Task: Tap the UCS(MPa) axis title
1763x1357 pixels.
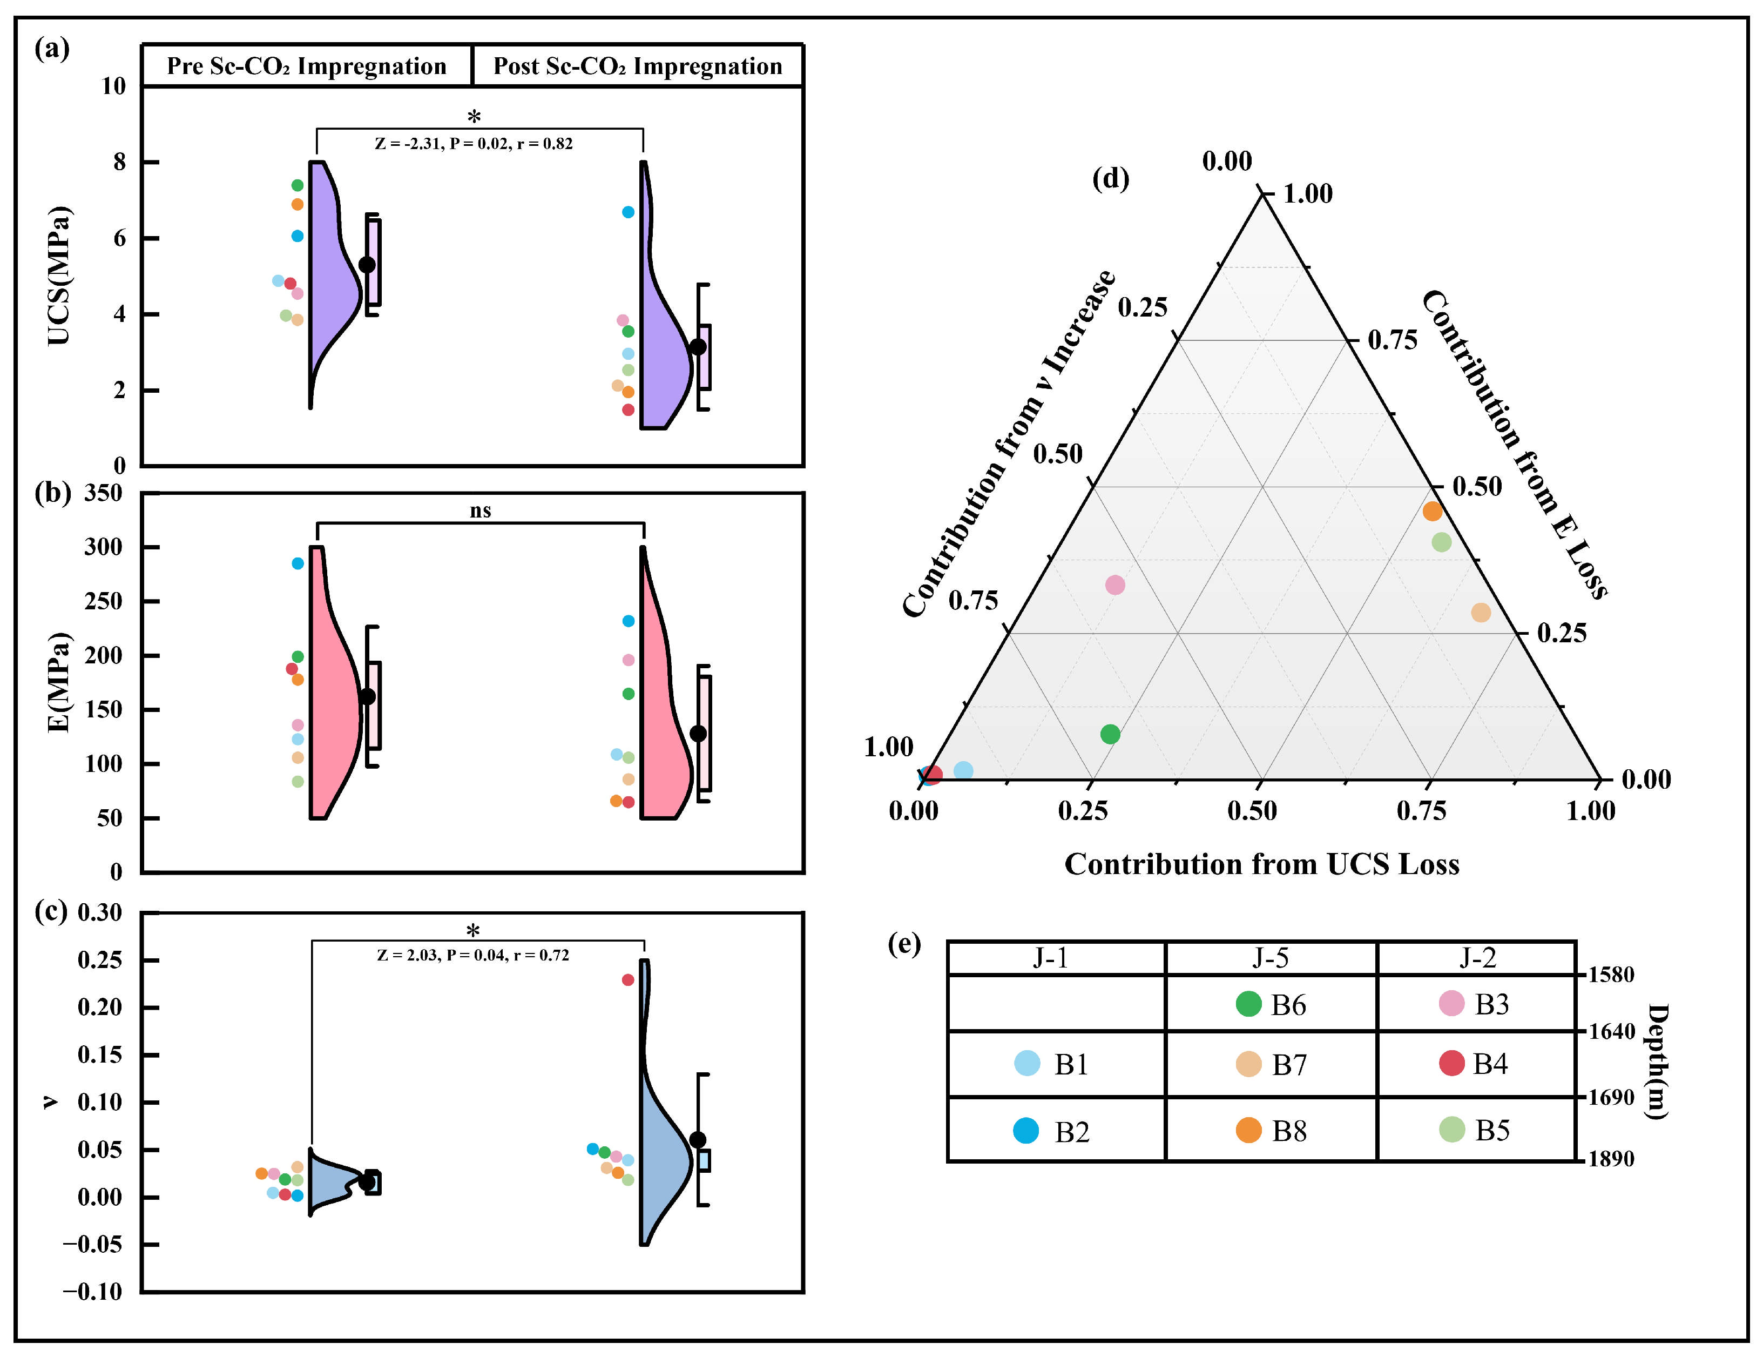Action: [59, 276]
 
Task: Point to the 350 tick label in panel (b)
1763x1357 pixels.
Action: [103, 493]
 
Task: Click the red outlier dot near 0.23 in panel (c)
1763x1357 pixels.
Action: [628, 980]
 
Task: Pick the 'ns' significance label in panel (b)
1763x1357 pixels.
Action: [481, 510]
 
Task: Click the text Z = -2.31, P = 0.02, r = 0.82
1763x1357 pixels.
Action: [474, 144]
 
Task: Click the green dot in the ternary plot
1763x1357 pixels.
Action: [1110, 734]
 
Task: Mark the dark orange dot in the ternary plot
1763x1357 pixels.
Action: [1432, 511]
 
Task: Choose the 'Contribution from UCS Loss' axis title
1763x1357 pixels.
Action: [1262, 864]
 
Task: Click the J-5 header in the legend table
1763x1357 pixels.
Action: [1270, 958]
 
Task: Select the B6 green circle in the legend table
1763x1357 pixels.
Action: [1248, 1004]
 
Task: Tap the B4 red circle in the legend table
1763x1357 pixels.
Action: [1451, 1063]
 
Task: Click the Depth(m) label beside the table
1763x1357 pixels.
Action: [1657, 1062]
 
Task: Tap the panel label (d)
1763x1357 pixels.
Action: [1111, 178]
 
